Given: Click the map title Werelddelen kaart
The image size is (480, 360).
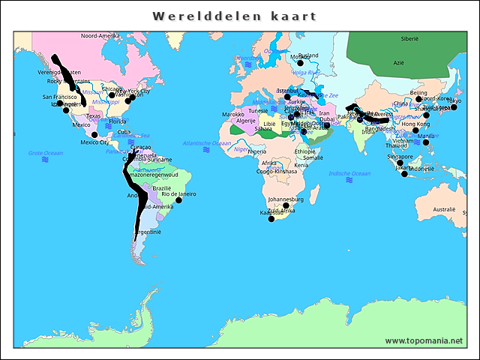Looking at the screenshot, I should click(235, 16).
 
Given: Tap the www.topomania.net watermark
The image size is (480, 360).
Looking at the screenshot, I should click(424, 340).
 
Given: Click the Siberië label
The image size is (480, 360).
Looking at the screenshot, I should click(409, 38).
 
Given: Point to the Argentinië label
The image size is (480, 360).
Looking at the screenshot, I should click(147, 232).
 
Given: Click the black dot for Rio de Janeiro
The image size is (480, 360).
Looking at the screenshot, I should click(178, 200).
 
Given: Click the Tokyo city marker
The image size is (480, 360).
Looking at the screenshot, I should click(454, 107).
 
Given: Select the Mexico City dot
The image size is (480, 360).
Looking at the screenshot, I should click(94, 135).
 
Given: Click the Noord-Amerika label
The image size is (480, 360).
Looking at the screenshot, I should click(100, 36).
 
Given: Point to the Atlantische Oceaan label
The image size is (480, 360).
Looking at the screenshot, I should click(207, 142).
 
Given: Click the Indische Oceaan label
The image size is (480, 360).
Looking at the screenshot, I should click(349, 173).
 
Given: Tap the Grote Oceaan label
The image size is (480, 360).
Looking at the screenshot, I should click(46, 152).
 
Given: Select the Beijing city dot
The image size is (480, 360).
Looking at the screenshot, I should click(419, 99).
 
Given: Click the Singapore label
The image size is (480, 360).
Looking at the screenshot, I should click(400, 157).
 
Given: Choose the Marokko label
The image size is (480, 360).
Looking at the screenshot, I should click(233, 115).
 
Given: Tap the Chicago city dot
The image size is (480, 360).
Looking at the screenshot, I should click(112, 95).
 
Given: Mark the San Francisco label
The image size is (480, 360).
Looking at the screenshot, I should click(59, 97).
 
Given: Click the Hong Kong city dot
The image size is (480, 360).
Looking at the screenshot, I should click(415, 130).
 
